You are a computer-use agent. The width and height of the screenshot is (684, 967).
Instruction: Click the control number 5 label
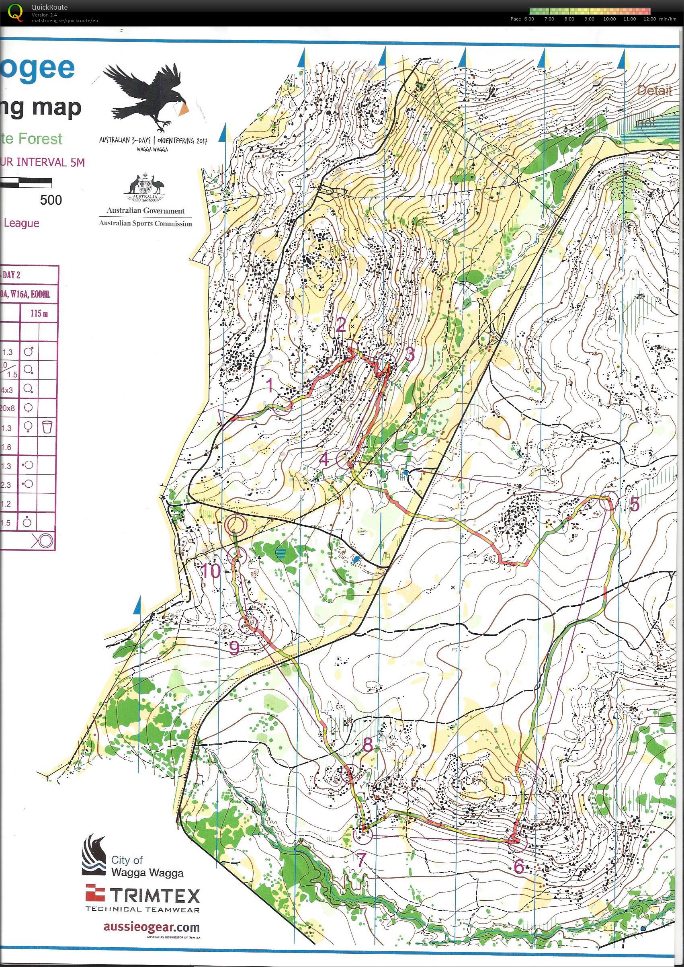[634, 504]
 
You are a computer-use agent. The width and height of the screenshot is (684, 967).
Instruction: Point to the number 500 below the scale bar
[51, 200]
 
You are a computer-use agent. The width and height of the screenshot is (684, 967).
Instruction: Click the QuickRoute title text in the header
[49, 7]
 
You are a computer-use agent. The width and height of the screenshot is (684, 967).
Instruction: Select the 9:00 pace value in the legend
[589, 19]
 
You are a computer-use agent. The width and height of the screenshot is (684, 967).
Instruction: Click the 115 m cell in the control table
[39, 314]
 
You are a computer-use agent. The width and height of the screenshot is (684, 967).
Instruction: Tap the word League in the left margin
[21, 223]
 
